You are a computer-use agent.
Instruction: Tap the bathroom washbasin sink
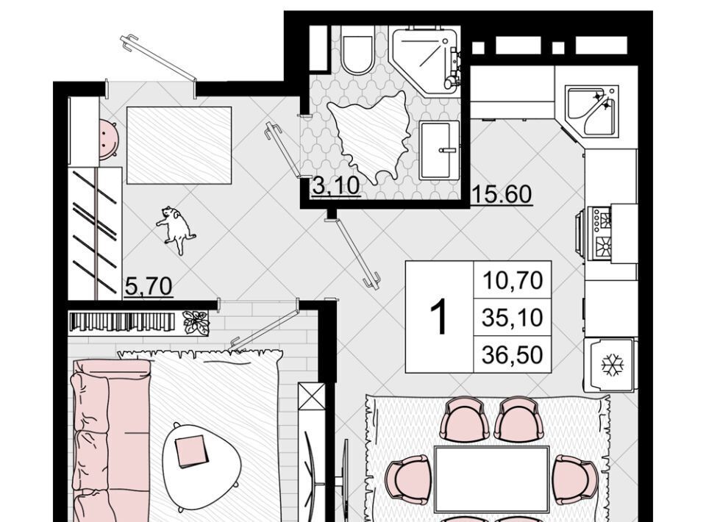(439, 150)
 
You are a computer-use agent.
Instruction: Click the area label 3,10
(335, 186)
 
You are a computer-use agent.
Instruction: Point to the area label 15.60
(502, 194)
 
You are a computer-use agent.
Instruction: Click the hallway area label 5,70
(148, 286)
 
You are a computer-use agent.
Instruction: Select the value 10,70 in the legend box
(513, 280)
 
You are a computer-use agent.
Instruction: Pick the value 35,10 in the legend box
(513, 318)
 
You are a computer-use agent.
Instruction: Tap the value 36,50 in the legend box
(513, 355)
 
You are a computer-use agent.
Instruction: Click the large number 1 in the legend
(439, 317)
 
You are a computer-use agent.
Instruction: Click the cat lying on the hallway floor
(176, 229)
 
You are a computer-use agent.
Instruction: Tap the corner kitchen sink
(591, 111)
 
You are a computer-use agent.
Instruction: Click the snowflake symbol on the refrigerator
(613, 365)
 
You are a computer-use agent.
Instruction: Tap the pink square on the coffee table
(192, 451)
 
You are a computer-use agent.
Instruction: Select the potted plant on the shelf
(196, 322)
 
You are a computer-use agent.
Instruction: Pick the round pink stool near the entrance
(109, 139)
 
